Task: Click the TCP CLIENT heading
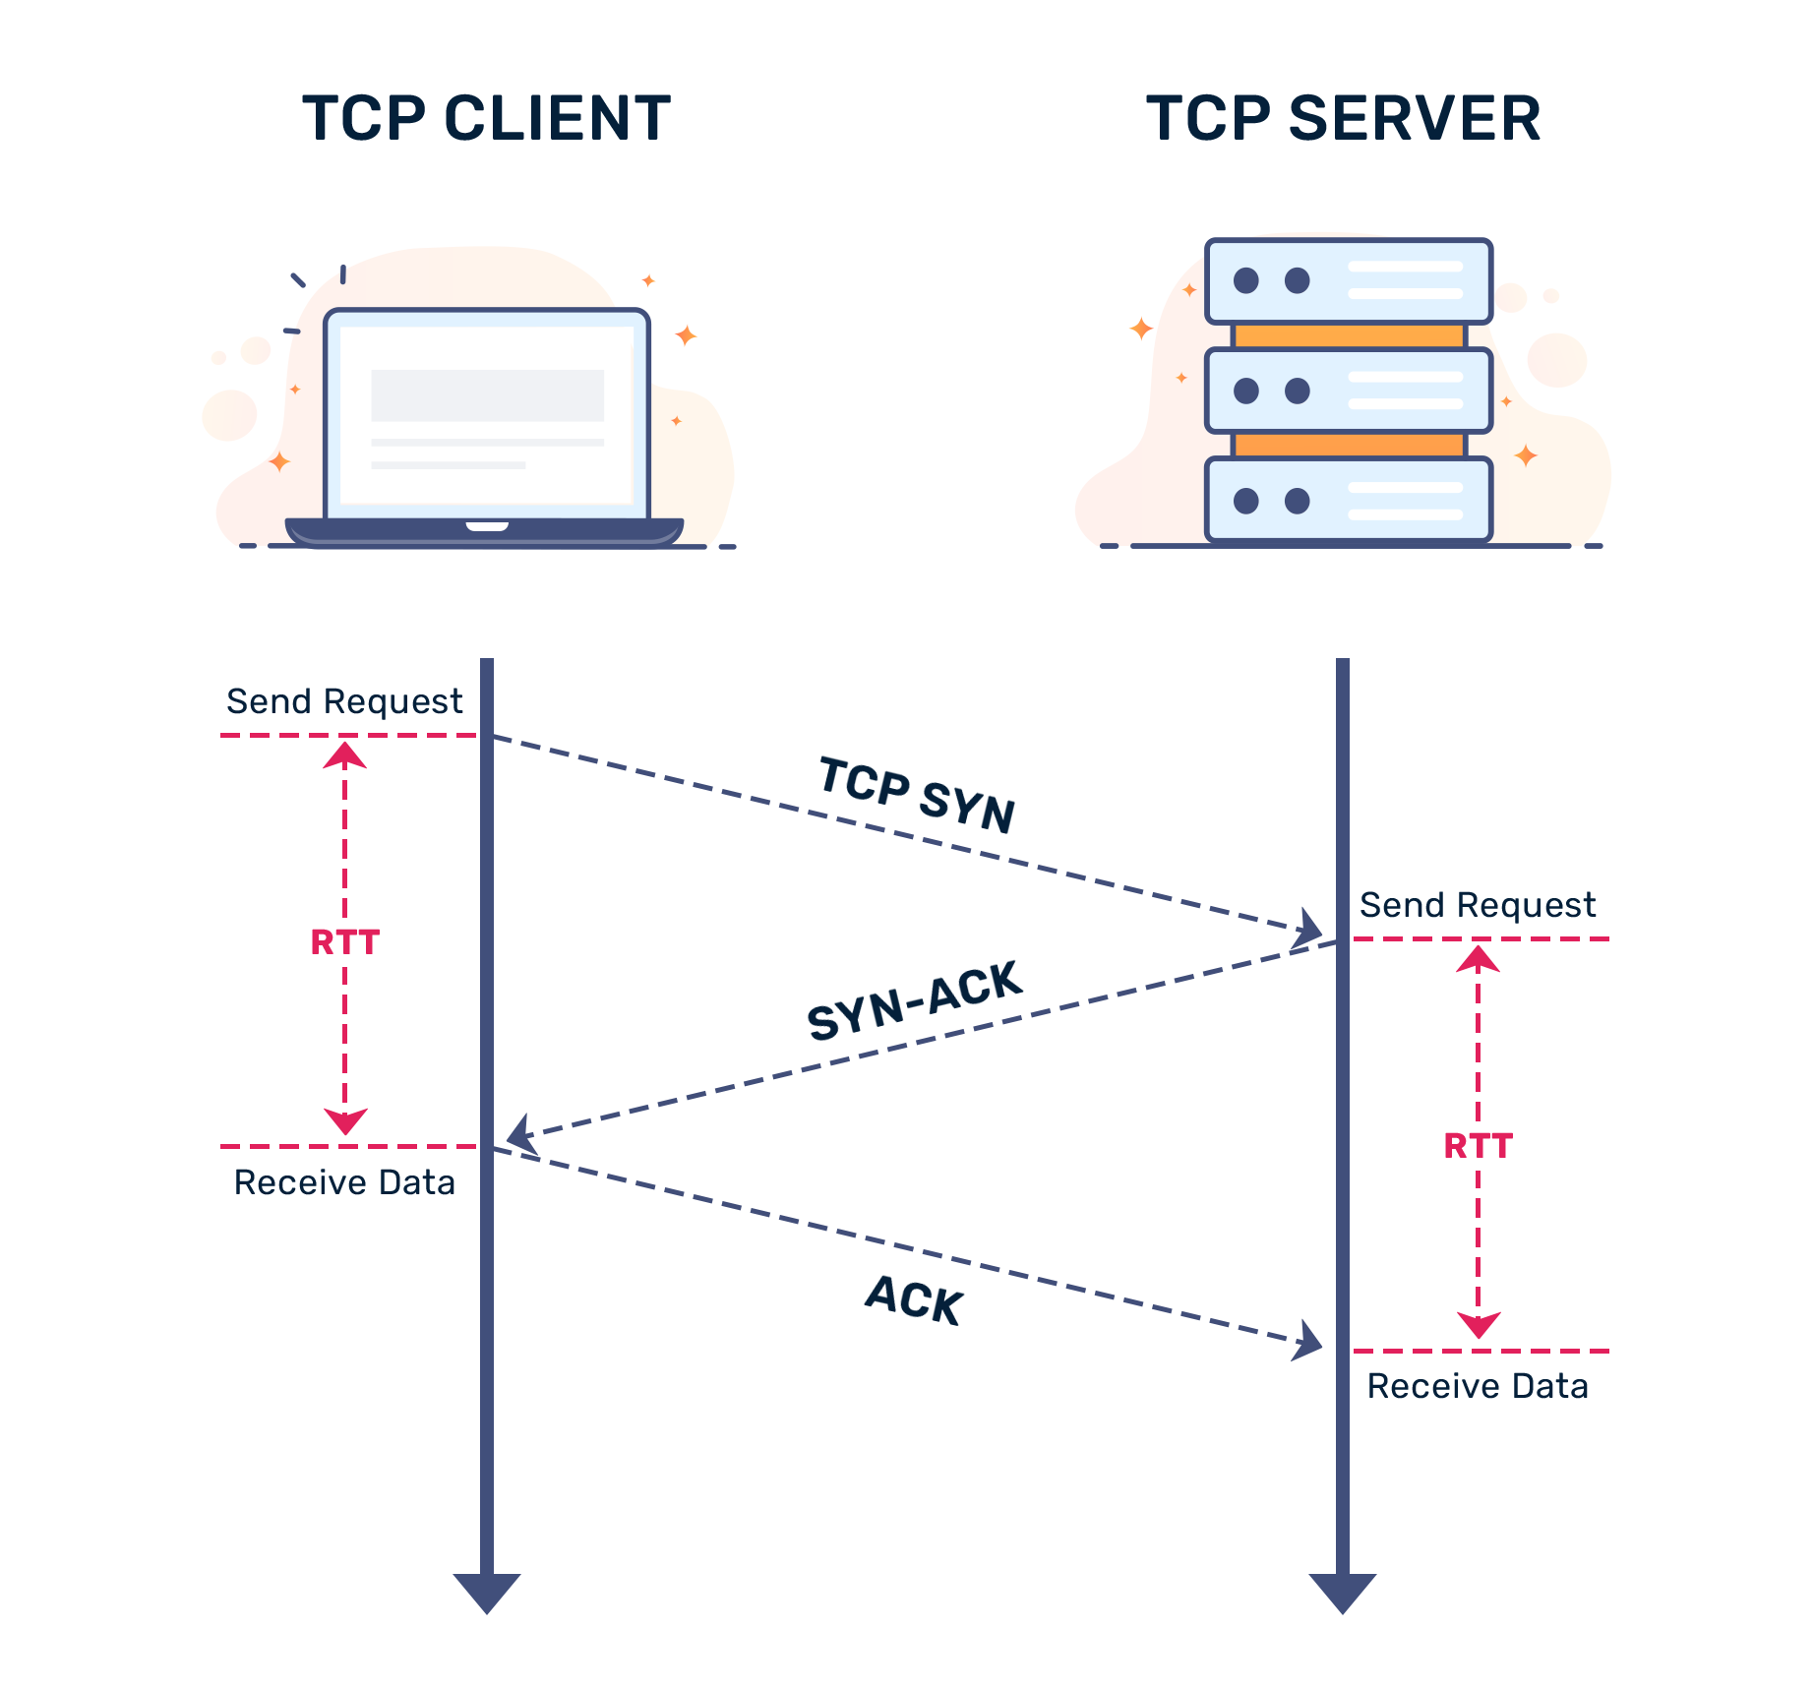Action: click(x=486, y=117)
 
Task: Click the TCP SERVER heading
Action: click(x=1343, y=117)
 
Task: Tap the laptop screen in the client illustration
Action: click(x=486, y=413)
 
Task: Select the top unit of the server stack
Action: click(x=1349, y=281)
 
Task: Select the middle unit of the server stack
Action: click(x=1349, y=391)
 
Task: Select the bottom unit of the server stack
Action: click(x=1349, y=501)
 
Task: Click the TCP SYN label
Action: click(x=916, y=793)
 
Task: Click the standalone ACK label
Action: click(x=914, y=1299)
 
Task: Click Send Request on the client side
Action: click(x=344, y=702)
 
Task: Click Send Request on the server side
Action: click(x=1478, y=905)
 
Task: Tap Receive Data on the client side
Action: click(x=344, y=1182)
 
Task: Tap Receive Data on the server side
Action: click(x=1478, y=1386)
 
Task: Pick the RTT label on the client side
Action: click(x=344, y=942)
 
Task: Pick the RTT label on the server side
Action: click(x=1478, y=1146)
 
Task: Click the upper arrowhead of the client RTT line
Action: click(x=342, y=755)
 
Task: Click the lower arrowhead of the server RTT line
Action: click(x=1476, y=1325)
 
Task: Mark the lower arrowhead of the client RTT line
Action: click(x=342, y=1121)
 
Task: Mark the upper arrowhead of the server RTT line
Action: click(x=1476, y=959)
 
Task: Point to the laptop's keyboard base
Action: click(x=484, y=531)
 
